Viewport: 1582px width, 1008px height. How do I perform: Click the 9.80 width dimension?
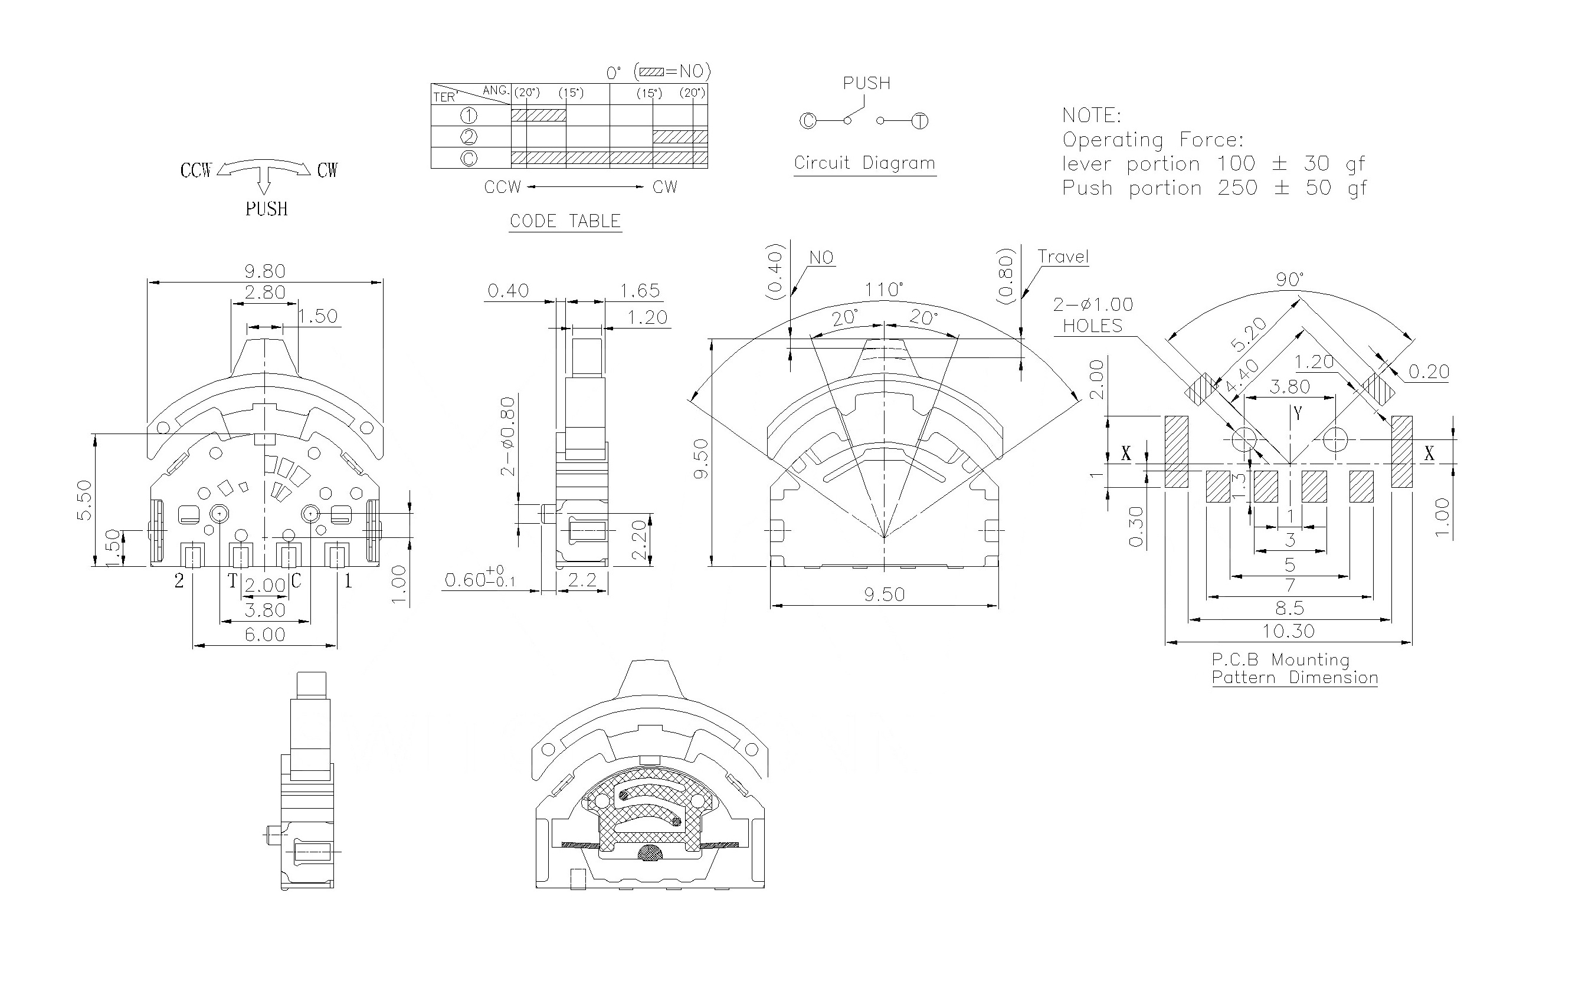[x=265, y=271]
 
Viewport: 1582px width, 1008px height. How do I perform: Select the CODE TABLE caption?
[x=565, y=221]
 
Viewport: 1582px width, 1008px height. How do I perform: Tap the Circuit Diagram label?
[x=864, y=163]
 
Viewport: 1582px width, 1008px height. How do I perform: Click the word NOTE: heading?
[x=1091, y=116]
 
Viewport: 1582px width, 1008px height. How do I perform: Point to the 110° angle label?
[x=883, y=290]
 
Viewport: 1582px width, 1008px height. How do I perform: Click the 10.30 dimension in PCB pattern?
[x=1288, y=631]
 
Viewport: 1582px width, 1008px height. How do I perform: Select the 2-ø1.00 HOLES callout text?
[x=1093, y=315]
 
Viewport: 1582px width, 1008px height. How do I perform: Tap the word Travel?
[x=1063, y=257]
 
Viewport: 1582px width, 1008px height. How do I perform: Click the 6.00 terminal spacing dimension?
[x=265, y=635]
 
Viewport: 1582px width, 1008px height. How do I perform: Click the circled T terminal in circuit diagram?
[x=920, y=122]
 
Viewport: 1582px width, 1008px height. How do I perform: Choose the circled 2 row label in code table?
[x=469, y=137]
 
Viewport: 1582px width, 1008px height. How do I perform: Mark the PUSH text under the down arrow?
[x=267, y=209]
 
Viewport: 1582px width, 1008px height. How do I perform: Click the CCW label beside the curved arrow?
[x=196, y=170]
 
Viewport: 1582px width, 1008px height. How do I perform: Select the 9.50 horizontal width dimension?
[x=885, y=595]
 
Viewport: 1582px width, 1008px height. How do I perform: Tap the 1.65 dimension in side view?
[x=640, y=291]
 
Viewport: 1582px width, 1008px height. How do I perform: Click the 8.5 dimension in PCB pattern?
[x=1290, y=608]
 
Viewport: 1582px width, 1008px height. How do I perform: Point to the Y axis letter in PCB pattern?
[x=1298, y=413]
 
